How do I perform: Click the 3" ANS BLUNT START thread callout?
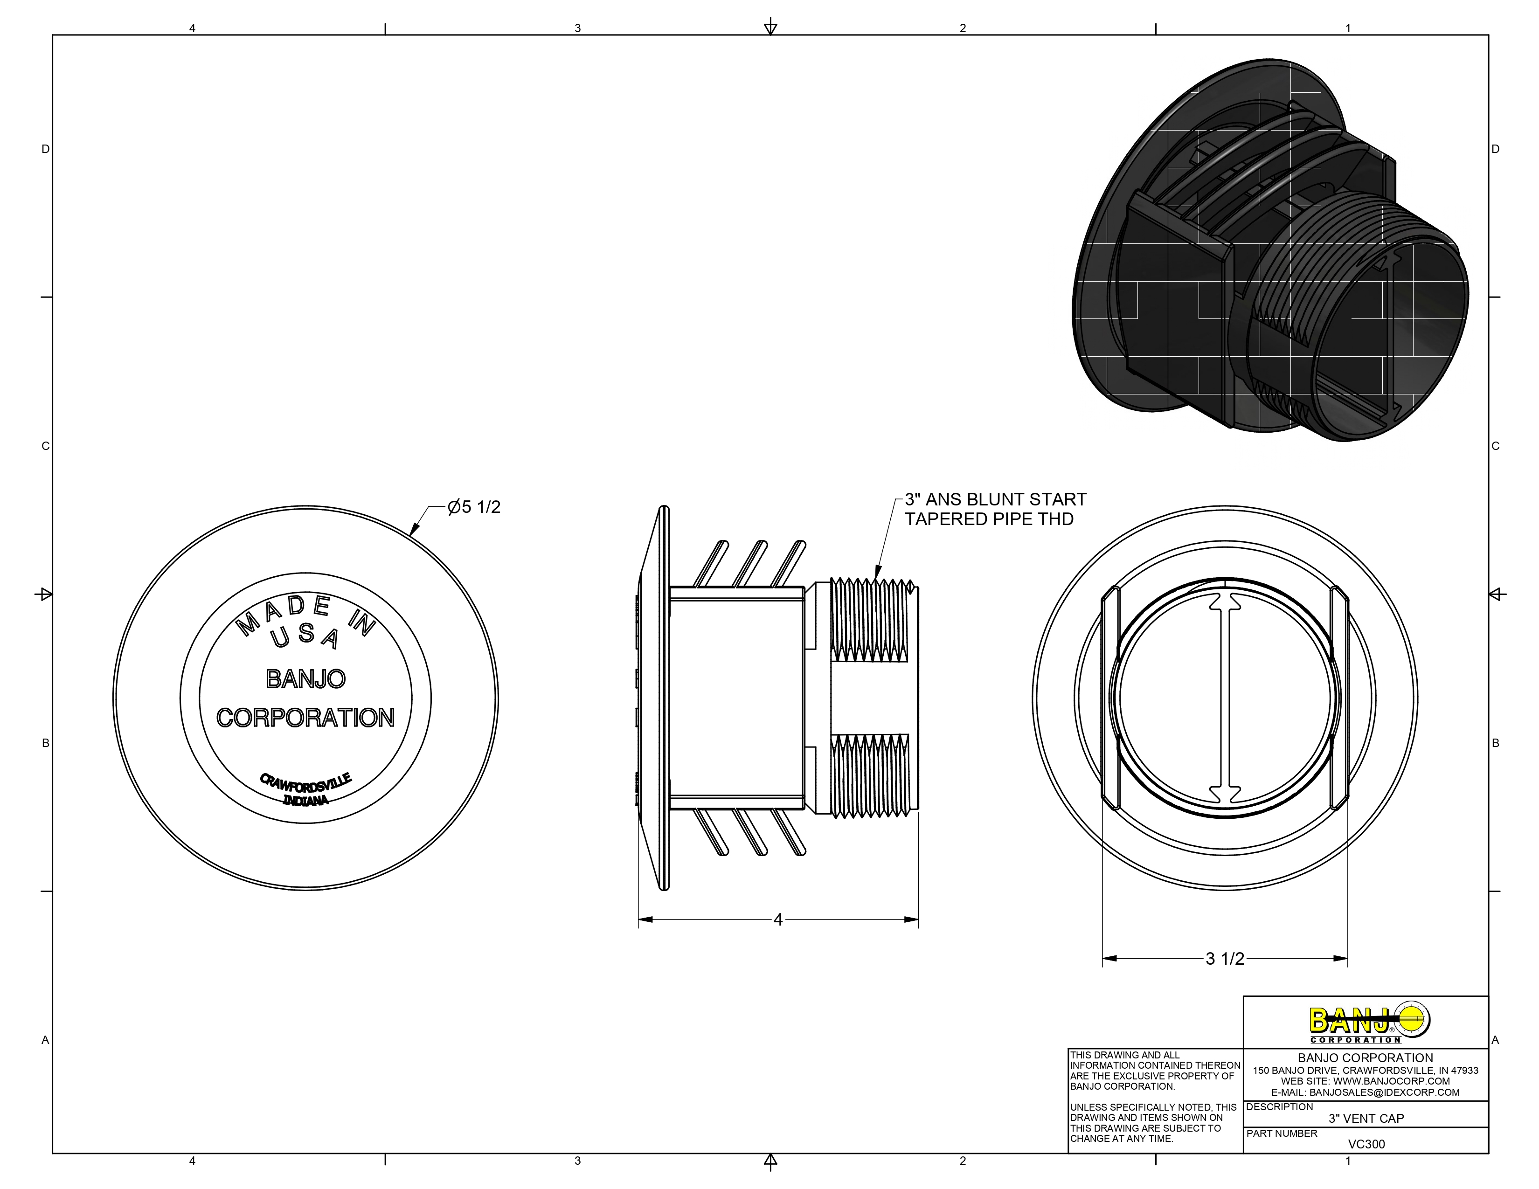(995, 500)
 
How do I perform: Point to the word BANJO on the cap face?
(306, 679)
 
